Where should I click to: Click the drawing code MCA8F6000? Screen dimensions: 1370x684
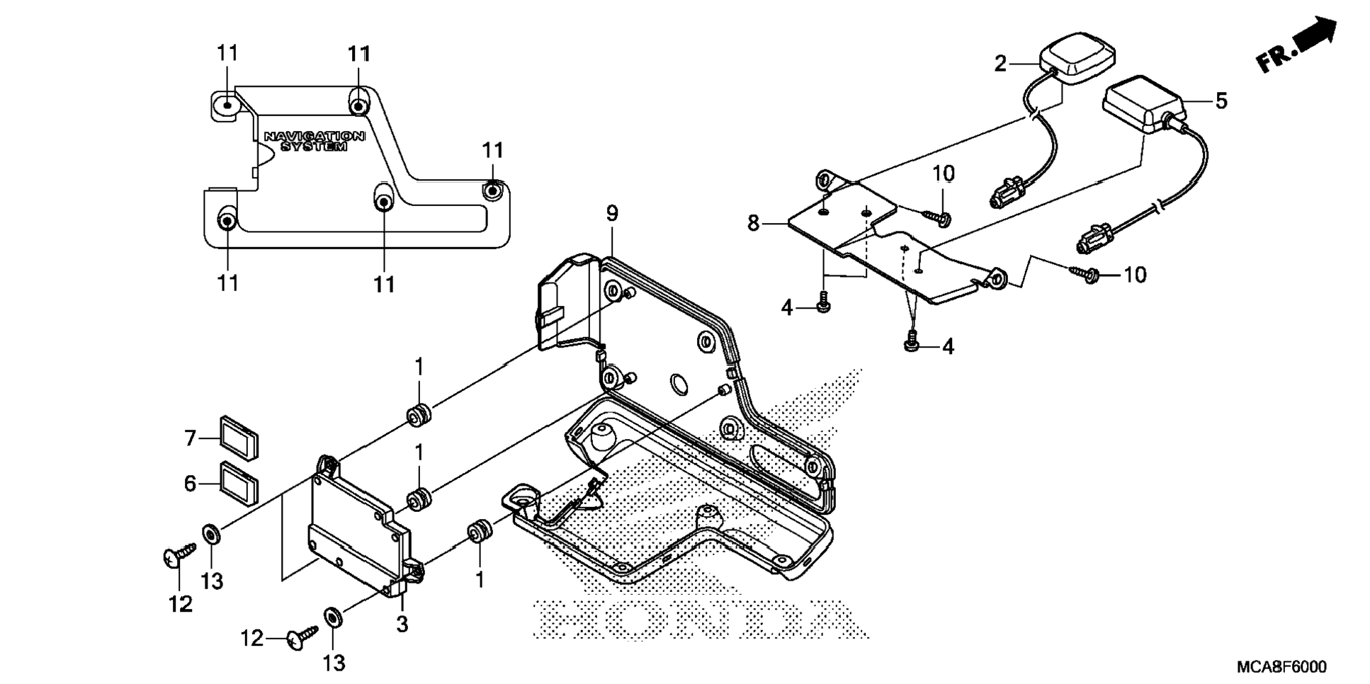(1281, 667)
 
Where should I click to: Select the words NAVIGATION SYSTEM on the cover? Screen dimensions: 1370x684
(315, 141)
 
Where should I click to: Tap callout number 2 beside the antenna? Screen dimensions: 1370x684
(1000, 64)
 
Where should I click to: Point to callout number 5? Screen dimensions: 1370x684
(1221, 101)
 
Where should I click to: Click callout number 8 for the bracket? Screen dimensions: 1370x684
(753, 224)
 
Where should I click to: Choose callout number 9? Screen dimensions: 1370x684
(612, 212)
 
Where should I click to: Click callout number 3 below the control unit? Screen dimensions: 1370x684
(402, 625)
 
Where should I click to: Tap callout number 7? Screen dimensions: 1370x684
(190, 439)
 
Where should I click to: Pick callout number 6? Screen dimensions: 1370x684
(190, 484)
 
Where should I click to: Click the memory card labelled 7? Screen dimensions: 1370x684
(239, 435)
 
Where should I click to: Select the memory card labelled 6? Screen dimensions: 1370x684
(239, 481)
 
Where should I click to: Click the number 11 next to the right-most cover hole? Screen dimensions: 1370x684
(493, 150)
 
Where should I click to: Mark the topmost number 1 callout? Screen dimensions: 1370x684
(419, 367)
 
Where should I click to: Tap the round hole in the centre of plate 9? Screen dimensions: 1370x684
(678, 385)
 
